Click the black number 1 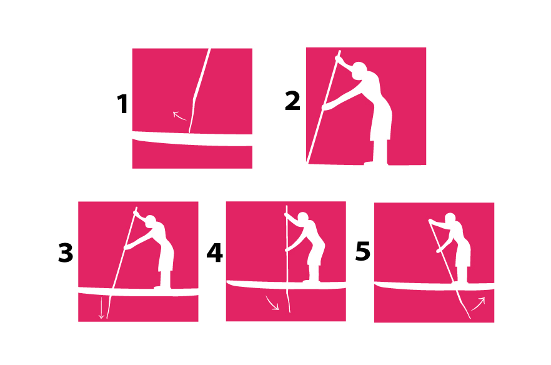click(122, 104)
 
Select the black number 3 click(66, 253)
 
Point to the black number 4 click(214, 253)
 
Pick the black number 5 click(362, 251)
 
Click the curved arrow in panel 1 click(179, 116)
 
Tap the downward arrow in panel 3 click(101, 308)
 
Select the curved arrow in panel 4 click(272, 304)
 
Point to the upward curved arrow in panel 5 click(478, 304)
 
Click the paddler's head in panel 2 click(359, 70)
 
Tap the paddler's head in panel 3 click(151, 221)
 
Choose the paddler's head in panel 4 click(303, 217)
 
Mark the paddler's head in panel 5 click(450, 217)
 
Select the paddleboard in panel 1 click(192, 138)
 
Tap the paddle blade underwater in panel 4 click(289, 301)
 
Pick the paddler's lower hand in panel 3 click(126, 247)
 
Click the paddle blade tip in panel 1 click(189, 132)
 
